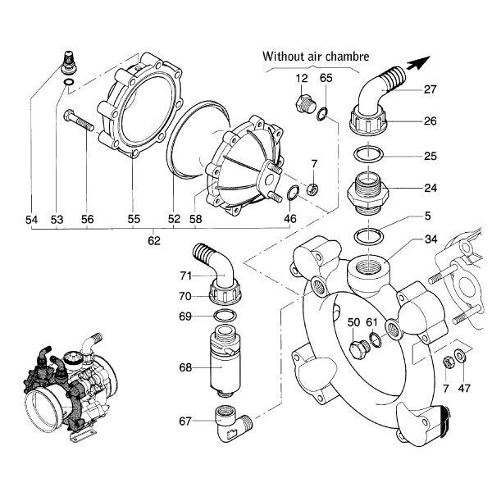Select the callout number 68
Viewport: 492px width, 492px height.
point(185,368)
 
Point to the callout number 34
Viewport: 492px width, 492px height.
point(430,240)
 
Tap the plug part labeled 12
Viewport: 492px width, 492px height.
point(305,105)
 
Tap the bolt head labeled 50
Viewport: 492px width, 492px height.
point(357,350)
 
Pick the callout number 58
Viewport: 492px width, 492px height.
point(195,220)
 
